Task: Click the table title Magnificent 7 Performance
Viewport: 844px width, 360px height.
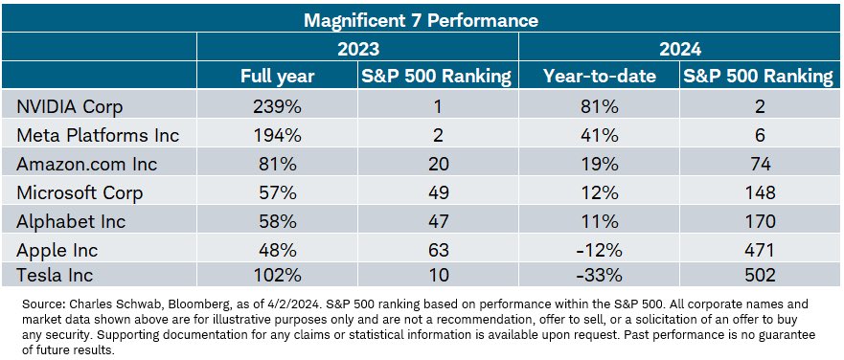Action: pyautogui.click(x=421, y=20)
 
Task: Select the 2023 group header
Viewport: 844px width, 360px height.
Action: pyautogui.click(x=358, y=49)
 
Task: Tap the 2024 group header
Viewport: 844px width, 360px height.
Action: pyautogui.click(x=680, y=49)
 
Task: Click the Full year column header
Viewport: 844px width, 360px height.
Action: pyautogui.click(x=277, y=77)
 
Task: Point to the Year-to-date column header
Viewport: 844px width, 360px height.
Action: pyautogui.click(x=600, y=77)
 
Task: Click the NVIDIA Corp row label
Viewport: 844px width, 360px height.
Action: pyautogui.click(x=69, y=106)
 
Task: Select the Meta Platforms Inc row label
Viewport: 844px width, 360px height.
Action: pyautogui.click(x=98, y=135)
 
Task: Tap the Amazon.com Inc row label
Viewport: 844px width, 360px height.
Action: pyautogui.click(x=86, y=164)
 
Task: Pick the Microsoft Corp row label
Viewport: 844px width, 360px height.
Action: pyautogui.click(x=80, y=192)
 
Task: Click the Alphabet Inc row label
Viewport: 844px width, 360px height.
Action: pyautogui.click(x=71, y=220)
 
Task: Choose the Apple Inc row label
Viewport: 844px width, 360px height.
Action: pyautogui.click(x=57, y=250)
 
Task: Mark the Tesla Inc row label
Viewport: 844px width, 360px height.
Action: pyautogui.click(x=55, y=275)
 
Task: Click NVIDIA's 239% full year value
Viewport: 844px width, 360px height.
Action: pyautogui.click(x=277, y=106)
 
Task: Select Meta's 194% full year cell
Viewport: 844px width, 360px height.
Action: pyautogui.click(x=277, y=135)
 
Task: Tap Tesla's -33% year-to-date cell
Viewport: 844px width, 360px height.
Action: pyautogui.click(x=600, y=275)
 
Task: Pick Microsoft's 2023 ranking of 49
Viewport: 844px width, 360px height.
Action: pyautogui.click(x=438, y=192)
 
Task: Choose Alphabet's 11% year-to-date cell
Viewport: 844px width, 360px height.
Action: pyautogui.click(x=600, y=220)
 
